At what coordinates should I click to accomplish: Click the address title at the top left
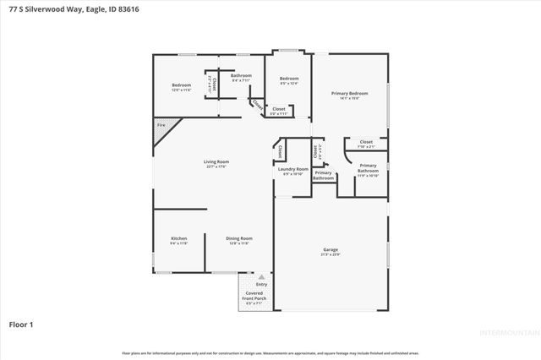(x=56, y=9)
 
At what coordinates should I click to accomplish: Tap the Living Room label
(x=216, y=161)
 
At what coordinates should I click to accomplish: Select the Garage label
(x=331, y=248)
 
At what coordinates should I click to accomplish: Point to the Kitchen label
(x=179, y=238)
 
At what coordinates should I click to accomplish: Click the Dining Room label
(x=239, y=238)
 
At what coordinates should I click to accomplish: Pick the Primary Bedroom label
(x=350, y=92)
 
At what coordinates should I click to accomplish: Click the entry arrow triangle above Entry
(x=261, y=276)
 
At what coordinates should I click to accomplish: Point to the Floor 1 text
(x=21, y=324)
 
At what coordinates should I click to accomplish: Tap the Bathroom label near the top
(x=241, y=76)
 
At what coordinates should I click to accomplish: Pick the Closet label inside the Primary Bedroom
(x=366, y=141)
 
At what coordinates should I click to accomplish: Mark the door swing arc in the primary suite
(x=349, y=156)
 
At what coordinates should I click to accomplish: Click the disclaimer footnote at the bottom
(x=270, y=352)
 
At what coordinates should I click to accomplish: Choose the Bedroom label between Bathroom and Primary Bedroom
(x=290, y=79)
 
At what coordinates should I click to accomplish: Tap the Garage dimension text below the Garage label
(x=331, y=254)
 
